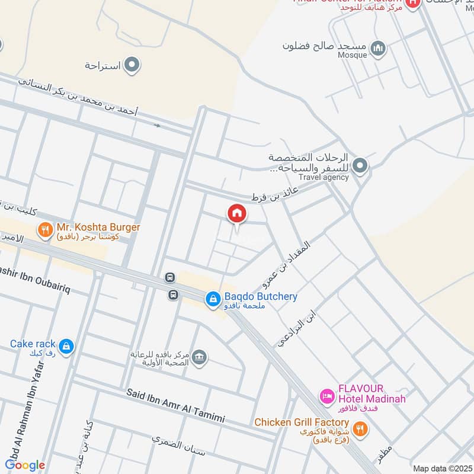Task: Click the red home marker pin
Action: pos(236,213)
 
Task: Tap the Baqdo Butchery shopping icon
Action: pos(213,300)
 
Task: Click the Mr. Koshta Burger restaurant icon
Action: pos(45,228)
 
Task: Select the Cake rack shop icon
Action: pos(66,346)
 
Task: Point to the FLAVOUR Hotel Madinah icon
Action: pos(326,395)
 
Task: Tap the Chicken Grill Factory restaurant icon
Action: pos(359,427)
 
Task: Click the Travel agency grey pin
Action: pos(359,165)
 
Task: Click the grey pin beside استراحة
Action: pos(132,65)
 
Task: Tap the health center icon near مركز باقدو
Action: pos(200,356)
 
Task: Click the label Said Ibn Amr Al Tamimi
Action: pos(176,406)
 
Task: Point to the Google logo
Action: pos(24,465)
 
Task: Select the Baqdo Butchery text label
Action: pos(261,297)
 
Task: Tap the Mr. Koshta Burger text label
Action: pos(98,228)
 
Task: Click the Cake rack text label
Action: pos(33,344)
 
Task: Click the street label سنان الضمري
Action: pos(178,446)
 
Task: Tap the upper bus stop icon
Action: pos(170,277)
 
